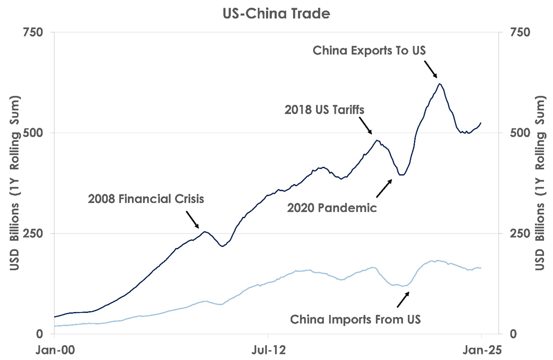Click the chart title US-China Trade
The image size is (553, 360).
click(x=276, y=14)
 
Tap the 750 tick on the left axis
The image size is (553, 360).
click(x=36, y=32)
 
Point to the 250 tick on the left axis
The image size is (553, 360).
click(x=36, y=233)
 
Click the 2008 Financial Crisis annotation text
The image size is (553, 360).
click(x=146, y=199)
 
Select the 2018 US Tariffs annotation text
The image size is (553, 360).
click(x=324, y=110)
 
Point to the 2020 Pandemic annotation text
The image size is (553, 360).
click(x=331, y=208)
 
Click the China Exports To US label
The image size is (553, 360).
click(x=370, y=50)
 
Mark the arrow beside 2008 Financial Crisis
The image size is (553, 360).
click(x=192, y=220)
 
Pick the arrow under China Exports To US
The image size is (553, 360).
click(x=430, y=69)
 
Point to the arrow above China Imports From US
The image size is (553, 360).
click(x=403, y=299)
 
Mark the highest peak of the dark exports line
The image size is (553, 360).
click(x=439, y=84)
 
